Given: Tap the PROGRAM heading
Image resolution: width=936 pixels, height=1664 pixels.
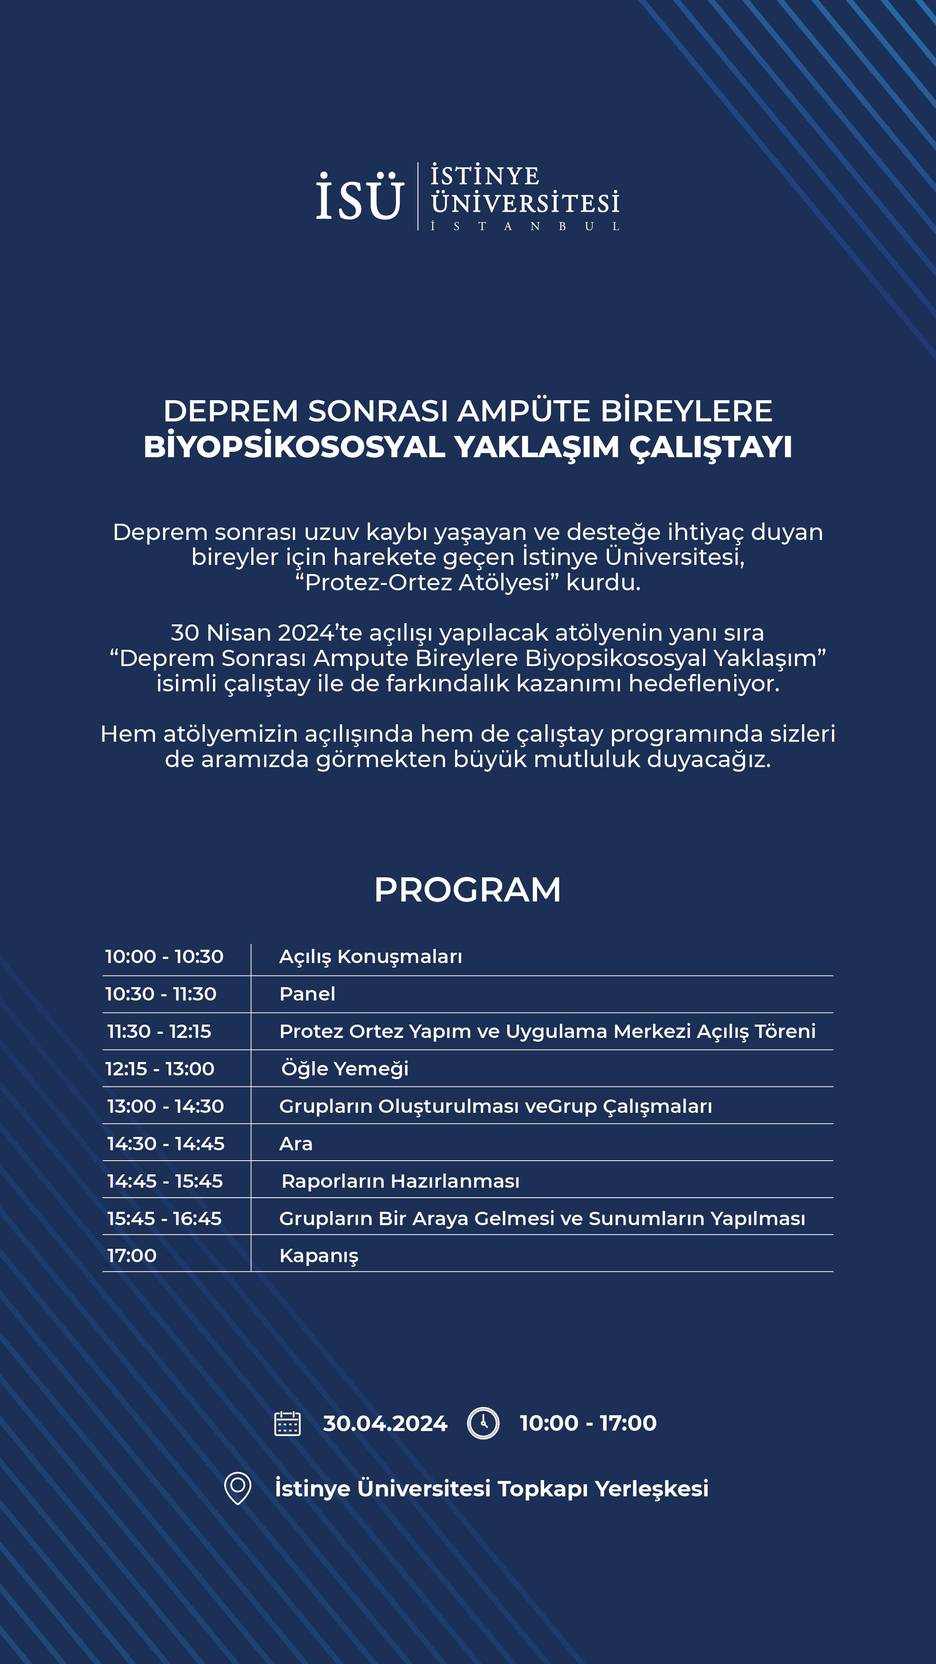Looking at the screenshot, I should click(468, 890).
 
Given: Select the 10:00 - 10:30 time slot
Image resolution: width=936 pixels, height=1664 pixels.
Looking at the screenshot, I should click(164, 957).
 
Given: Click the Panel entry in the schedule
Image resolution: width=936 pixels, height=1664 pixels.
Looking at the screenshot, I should click(307, 994).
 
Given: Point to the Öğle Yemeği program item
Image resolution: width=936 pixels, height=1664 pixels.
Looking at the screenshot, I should click(345, 1069).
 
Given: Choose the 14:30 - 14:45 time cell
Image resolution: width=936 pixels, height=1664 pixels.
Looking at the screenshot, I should click(166, 1144).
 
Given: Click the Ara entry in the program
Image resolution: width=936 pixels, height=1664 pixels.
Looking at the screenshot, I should click(296, 1144).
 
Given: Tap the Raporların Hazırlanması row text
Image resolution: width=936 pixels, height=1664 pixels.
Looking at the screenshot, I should click(401, 1181).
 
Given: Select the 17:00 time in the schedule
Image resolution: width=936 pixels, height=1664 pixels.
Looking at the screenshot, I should click(132, 1256).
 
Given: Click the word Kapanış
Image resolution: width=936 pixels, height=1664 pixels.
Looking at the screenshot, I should click(319, 1256).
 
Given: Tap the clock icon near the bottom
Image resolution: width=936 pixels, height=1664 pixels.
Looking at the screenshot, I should click(483, 1423).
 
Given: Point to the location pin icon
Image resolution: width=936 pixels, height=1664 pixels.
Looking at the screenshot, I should click(238, 1488).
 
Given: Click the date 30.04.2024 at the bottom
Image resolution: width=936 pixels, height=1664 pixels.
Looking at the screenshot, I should click(385, 1424).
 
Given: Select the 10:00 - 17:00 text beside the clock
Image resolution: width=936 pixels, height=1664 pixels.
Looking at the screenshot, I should click(588, 1423).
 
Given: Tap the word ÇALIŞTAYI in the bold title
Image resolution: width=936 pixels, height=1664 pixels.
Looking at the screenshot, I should click(711, 448).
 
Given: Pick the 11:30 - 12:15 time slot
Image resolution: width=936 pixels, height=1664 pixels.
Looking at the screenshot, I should click(159, 1032).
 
